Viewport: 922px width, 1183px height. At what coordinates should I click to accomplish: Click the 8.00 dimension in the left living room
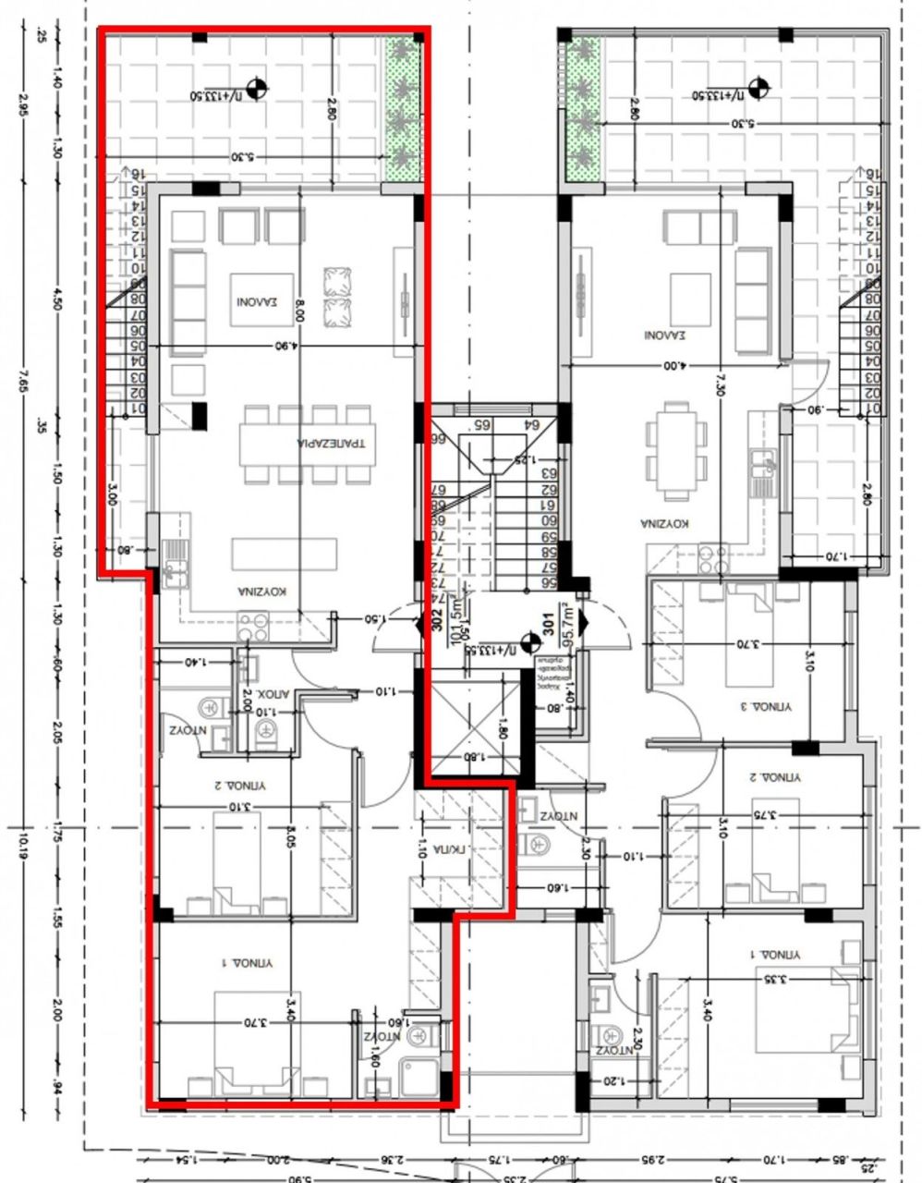click(299, 314)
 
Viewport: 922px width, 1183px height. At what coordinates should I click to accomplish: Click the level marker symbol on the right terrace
click(760, 90)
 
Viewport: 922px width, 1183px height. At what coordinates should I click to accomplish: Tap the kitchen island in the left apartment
click(284, 555)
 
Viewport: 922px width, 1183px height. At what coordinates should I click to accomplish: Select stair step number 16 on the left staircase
click(137, 174)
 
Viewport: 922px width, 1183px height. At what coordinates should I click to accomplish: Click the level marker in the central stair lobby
click(530, 642)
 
